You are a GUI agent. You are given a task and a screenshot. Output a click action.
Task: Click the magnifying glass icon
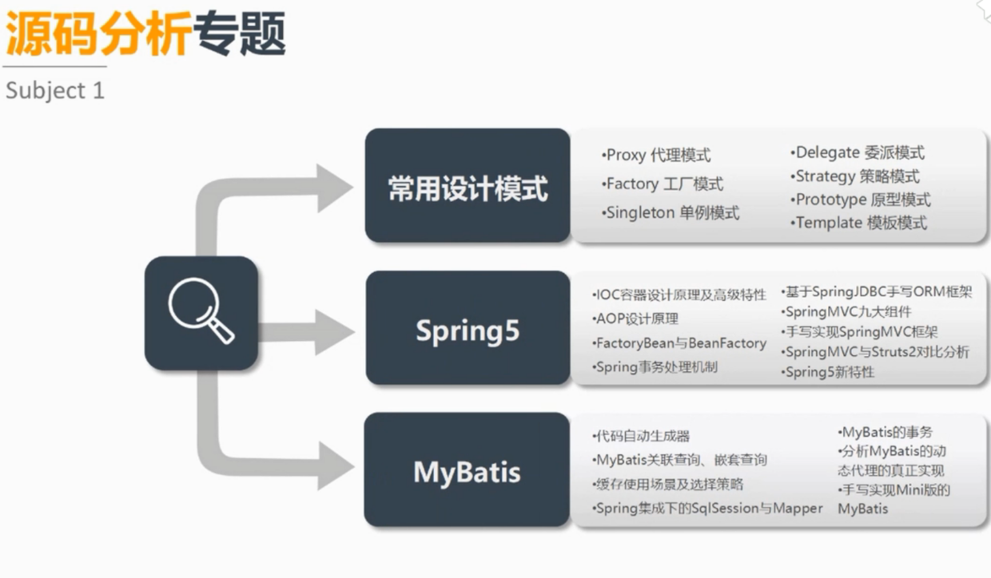[x=201, y=313]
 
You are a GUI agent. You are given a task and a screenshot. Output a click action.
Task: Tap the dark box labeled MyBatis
[x=467, y=472]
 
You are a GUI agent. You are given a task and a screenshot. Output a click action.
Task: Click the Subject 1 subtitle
[x=54, y=90]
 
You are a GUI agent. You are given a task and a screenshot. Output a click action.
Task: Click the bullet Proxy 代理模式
[x=657, y=155]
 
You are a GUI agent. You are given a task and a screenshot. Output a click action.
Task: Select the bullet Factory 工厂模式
[x=663, y=184]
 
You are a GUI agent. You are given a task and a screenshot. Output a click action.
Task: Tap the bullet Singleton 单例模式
[x=671, y=212]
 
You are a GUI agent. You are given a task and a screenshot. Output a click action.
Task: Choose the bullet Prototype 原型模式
[x=862, y=200]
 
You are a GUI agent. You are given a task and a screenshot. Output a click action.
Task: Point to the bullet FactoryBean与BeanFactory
[x=680, y=343]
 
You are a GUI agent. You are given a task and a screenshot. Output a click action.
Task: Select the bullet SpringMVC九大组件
[x=846, y=311]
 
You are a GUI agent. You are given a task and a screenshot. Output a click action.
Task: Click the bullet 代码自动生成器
[x=641, y=436]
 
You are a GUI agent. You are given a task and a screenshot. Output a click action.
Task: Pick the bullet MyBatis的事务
[x=886, y=432]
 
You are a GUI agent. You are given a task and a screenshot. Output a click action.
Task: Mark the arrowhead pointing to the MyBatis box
[x=333, y=466]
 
